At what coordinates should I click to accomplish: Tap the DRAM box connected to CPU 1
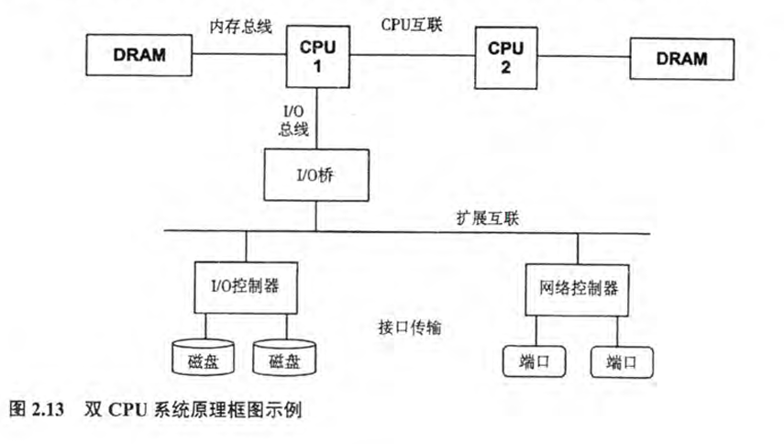[139, 55]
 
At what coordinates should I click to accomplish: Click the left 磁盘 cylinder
[202, 360]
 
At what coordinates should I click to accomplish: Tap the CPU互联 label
[412, 25]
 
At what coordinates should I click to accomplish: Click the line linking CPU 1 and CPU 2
[413, 56]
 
